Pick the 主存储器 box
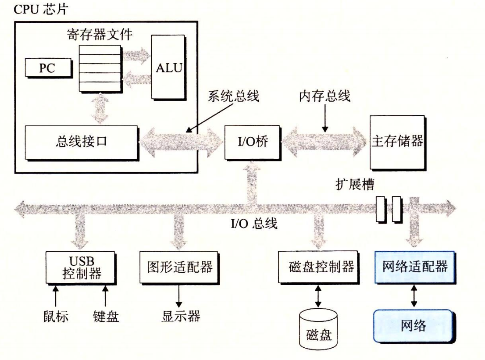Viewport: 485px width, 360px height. tap(397, 142)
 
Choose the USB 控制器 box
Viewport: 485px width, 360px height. tap(80, 267)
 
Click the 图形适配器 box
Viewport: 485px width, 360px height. tap(179, 267)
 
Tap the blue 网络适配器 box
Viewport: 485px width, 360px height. tap(415, 266)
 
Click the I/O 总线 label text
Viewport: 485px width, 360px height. tap(254, 224)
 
